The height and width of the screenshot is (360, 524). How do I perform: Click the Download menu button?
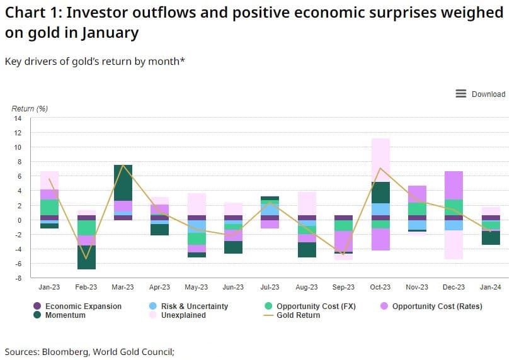point(480,94)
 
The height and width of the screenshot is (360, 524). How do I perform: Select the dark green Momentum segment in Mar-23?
point(123,183)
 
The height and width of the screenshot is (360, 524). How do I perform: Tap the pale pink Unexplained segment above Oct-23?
point(380,160)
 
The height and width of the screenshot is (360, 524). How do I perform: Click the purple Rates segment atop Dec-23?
point(454,185)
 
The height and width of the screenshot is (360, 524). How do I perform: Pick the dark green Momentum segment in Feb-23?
point(86,257)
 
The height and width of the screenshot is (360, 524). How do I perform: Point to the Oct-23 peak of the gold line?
point(380,168)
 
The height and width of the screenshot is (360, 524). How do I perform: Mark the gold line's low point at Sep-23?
point(343,254)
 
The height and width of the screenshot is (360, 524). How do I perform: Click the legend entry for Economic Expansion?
point(77,307)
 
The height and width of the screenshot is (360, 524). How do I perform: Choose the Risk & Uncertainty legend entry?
point(188,307)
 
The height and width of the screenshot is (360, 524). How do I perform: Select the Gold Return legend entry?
point(292,315)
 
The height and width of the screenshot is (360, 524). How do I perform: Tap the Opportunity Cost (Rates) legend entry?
point(431,307)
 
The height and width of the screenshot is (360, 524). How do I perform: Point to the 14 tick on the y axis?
point(18,118)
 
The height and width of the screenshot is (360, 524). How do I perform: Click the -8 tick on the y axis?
point(18,278)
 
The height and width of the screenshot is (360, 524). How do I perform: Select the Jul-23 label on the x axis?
point(270,287)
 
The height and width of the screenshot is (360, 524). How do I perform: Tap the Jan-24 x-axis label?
point(490,287)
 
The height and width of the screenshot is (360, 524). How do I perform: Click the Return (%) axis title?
point(30,108)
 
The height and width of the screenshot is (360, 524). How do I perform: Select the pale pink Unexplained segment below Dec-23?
point(454,244)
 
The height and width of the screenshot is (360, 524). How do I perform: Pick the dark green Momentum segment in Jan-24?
point(491,238)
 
